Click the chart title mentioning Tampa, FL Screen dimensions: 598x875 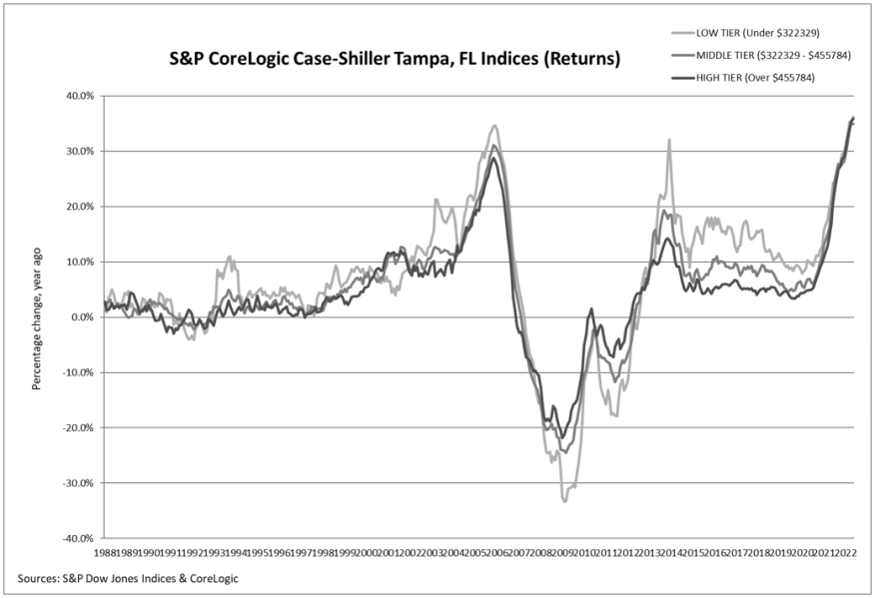[395, 60]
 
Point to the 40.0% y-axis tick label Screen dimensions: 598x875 [78, 96]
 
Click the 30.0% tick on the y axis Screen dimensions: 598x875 [78, 152]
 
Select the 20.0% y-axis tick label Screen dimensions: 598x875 [78, 207]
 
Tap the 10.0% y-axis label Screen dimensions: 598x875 [78, 262]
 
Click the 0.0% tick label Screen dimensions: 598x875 [80, 317]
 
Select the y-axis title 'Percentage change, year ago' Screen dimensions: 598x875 [37, 316]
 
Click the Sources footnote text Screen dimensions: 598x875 [128, 578]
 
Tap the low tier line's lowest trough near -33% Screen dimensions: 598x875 [564, 500]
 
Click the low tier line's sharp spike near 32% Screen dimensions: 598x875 [668, 140]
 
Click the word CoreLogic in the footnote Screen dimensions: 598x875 [210, 578]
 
